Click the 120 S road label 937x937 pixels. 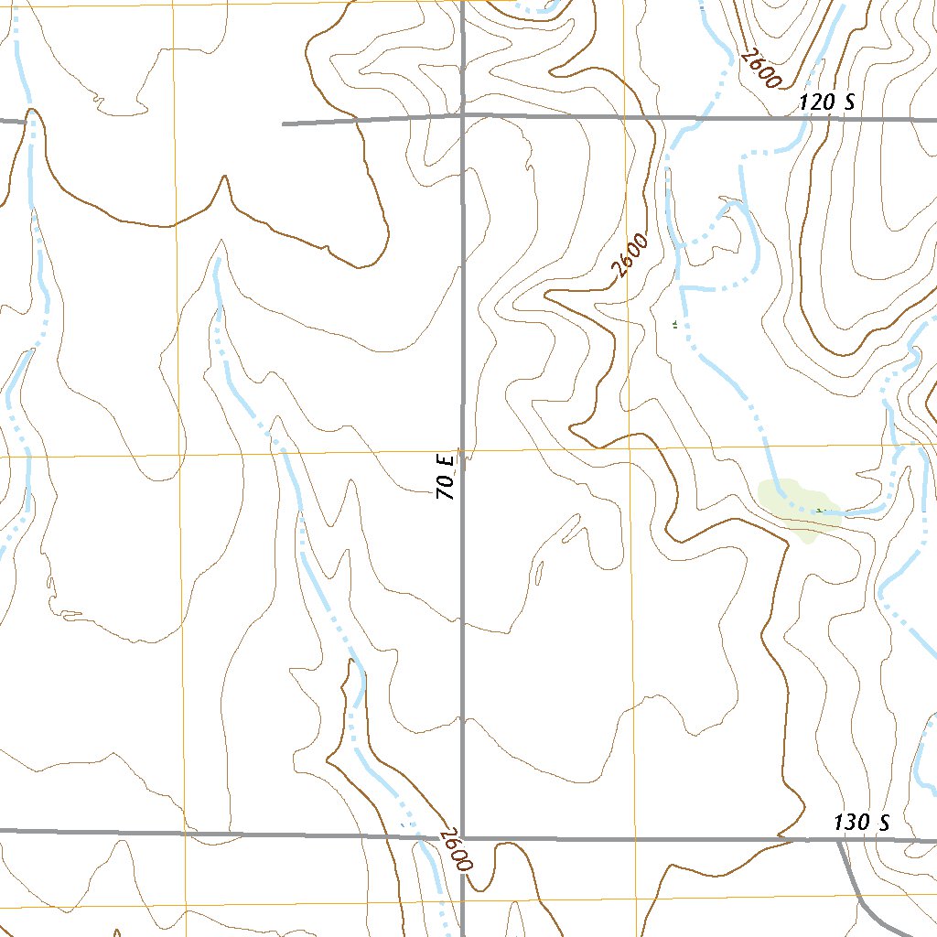click(x=826, y=102)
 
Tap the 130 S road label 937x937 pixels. click(x=862, y=823)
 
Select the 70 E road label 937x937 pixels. click(x=446, y=473)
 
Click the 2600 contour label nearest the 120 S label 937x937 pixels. click(x=761, y=69)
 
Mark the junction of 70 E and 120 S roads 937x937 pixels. click(x=462, y=117)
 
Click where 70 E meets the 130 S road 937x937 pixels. click(x=462, y=836)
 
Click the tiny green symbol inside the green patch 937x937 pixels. click(x=821, y=510)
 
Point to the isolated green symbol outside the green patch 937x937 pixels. click(x=675, y=324)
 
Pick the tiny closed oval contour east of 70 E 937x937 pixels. click(x=539, y=574)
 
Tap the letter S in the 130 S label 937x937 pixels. click(x=883, y=823)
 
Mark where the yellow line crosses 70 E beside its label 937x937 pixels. click(x=462, y=453)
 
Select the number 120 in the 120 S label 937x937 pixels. click(x=816, y=102)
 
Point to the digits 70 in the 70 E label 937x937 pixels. click(x=446, y=486)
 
